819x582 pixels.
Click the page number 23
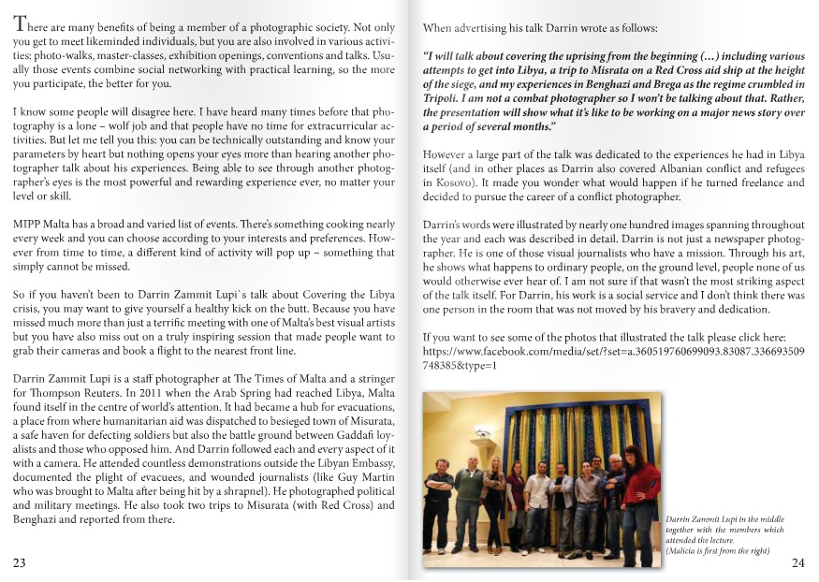tap(20, 562)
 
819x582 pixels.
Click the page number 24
tap(798, 562)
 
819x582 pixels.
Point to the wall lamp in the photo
tap(483, 433)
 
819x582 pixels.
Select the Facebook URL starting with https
tap(613, 352)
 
